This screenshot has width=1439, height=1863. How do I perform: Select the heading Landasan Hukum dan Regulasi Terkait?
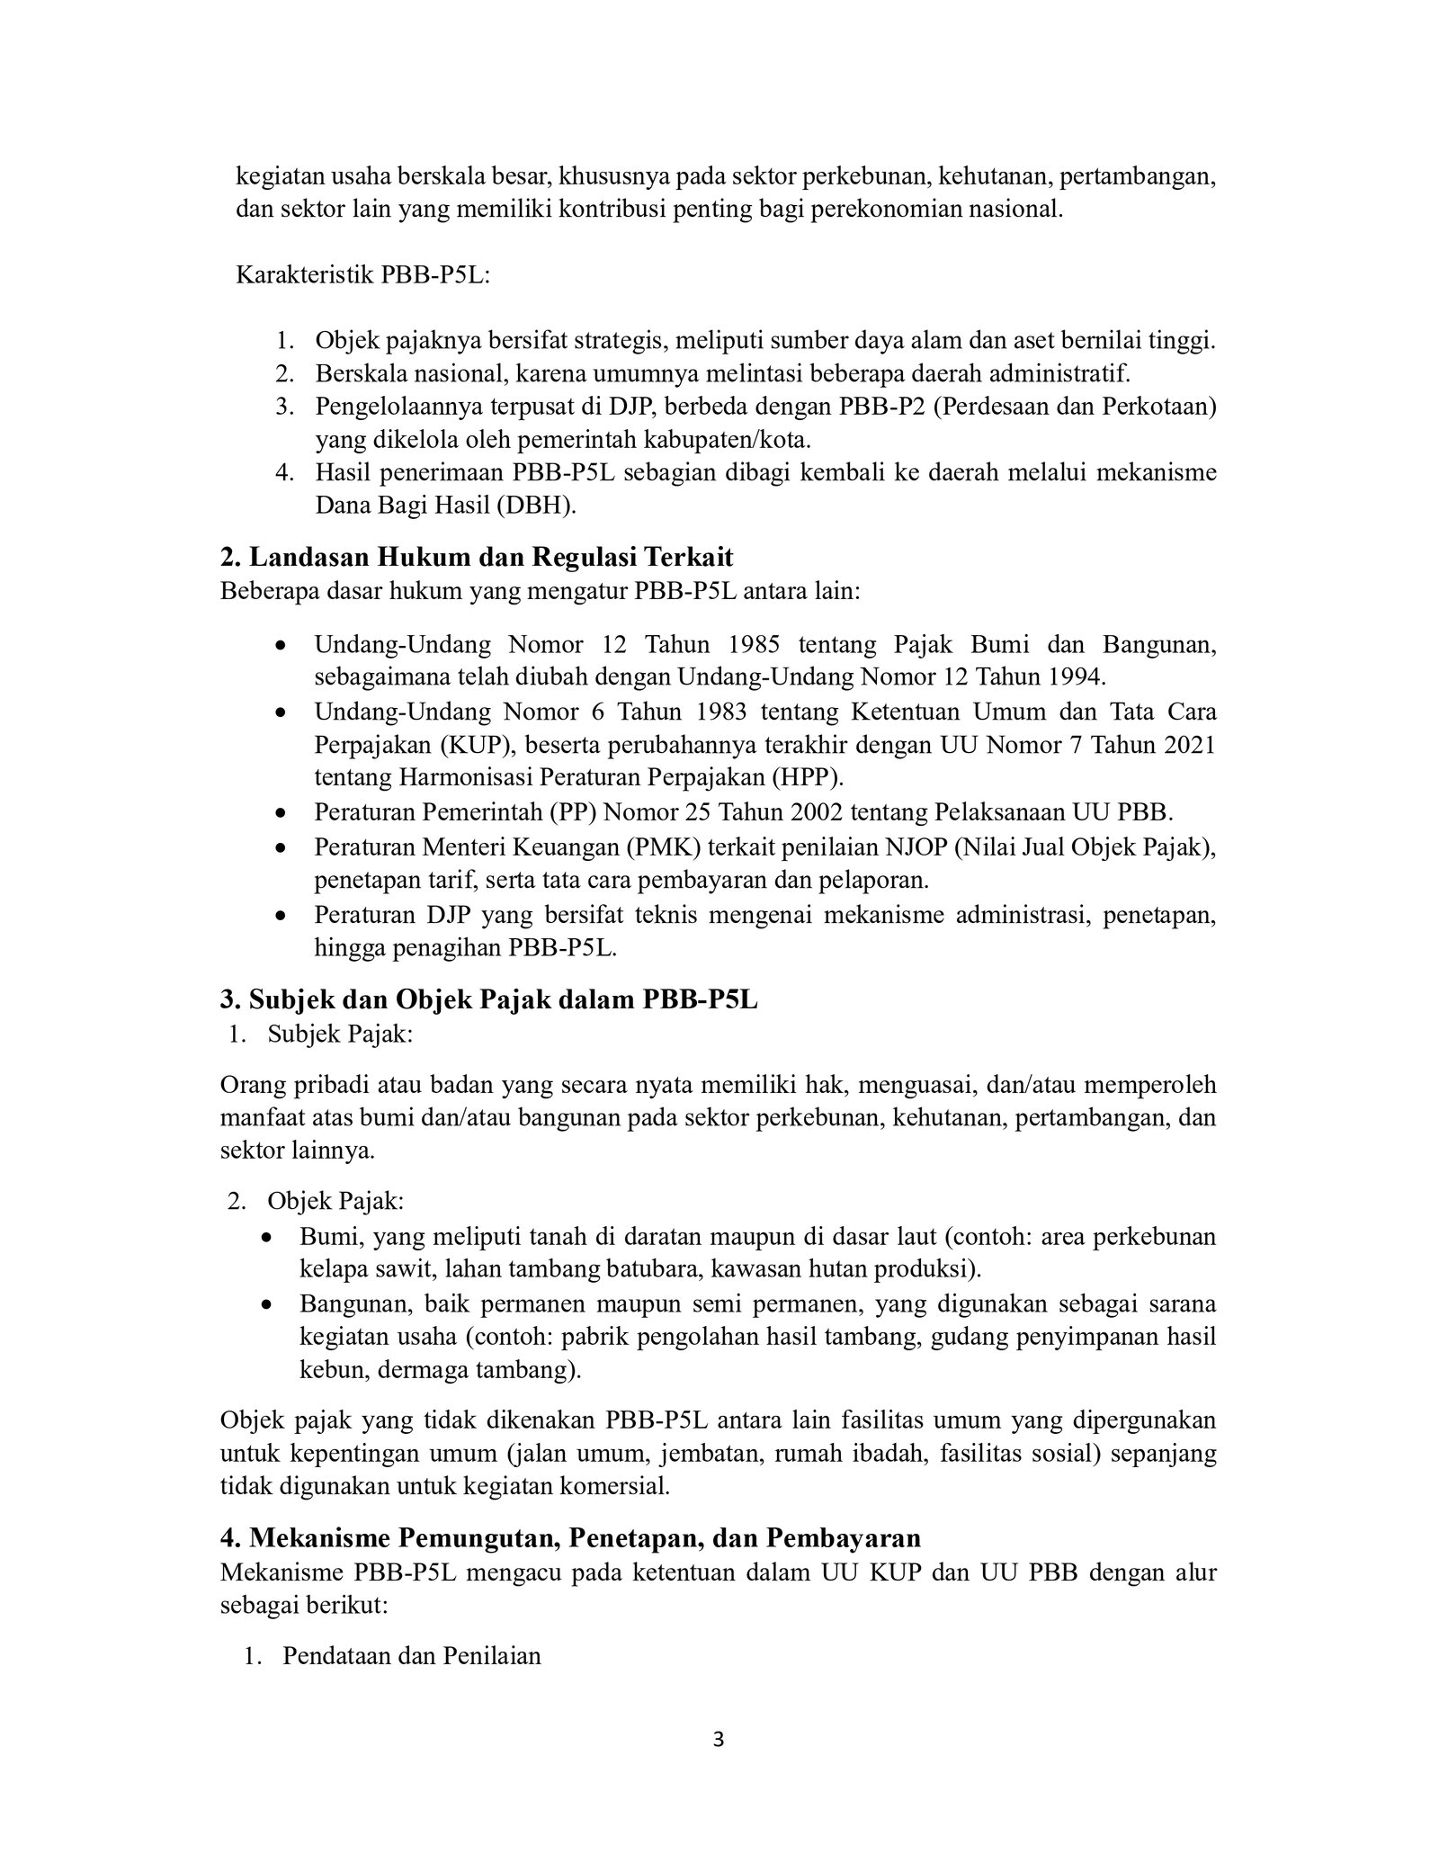[477, 558]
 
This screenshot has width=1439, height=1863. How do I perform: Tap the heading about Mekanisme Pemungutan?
[569, 1538]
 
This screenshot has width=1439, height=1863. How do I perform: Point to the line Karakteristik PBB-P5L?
[362, 275]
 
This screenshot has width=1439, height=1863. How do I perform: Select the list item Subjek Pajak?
[340, 1035]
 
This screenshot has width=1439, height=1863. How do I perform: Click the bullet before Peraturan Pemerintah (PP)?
[282, 812]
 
